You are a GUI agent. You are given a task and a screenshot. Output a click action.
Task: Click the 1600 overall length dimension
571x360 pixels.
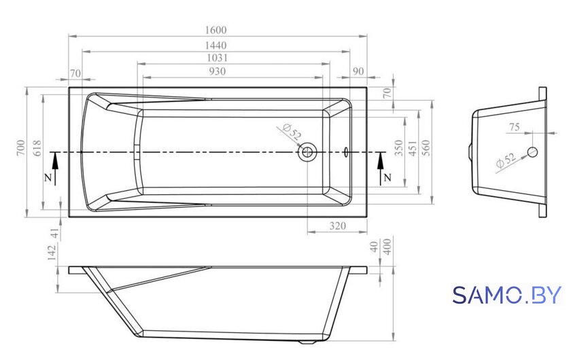pos(216,30)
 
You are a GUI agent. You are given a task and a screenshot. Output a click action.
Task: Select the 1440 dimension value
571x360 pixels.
pos(216,46)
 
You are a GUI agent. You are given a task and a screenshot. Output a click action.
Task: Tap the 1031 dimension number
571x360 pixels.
pos(218,58)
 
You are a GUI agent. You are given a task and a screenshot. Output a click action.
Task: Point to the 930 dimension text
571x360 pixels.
pos(218,71)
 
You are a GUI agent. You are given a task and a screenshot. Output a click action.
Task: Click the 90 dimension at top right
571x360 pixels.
pos(358,71)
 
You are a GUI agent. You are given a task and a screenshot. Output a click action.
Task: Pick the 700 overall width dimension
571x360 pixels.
pos(21,148)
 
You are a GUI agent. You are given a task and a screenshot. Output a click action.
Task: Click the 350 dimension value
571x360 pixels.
pos(400,148)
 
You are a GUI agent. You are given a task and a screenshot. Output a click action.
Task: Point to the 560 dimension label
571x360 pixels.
pos(426,148)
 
